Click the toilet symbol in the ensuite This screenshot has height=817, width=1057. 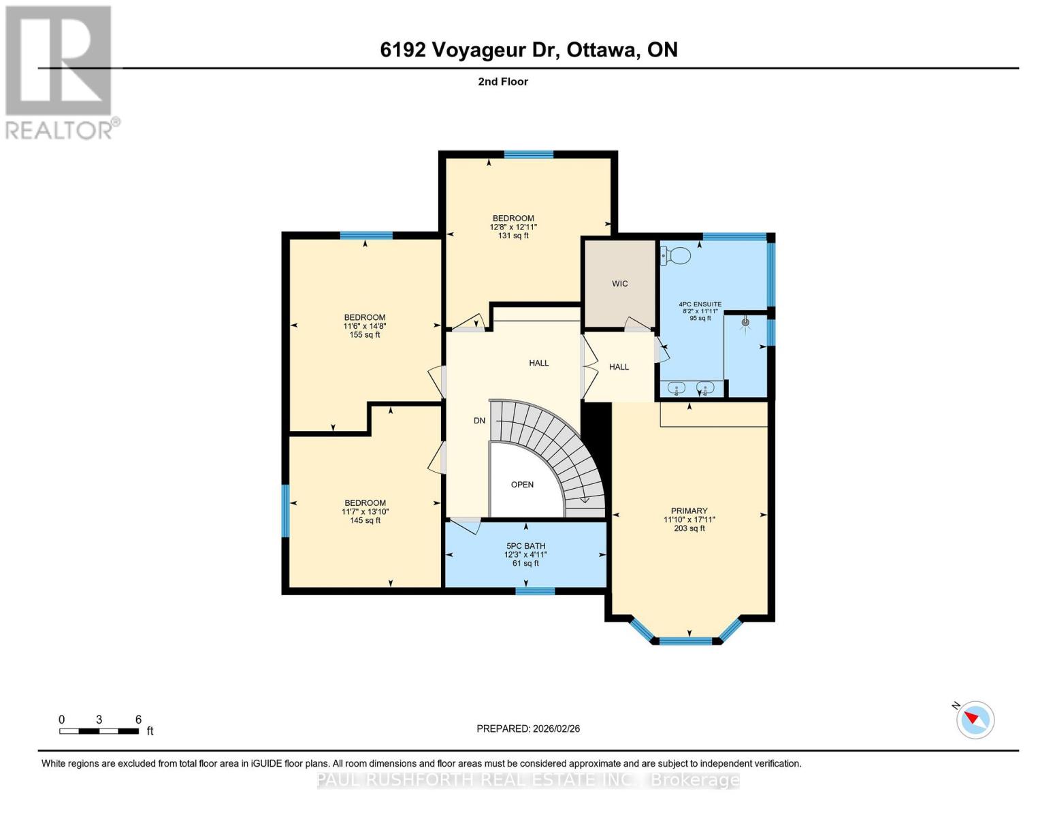pos(676,255)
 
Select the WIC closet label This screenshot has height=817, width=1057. pos(619,283)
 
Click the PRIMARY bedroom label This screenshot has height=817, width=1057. pos(689,511)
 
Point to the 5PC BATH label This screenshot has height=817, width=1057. pos(525,546)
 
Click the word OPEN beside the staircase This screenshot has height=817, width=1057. pos(522,485)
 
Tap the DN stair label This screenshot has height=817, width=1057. pos(479,421)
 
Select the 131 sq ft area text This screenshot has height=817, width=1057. pos(513,236)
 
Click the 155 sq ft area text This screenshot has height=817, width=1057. pos(364,335)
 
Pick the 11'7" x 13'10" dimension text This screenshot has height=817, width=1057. pos(365,512)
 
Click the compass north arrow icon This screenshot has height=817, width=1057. pos(975,719)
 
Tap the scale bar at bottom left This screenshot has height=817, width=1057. pos(99,731)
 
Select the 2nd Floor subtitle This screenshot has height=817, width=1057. pos(503,82)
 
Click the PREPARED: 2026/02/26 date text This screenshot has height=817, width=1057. pos(528,728)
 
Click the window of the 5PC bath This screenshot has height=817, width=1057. pos(534,591)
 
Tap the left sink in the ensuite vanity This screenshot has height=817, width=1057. pos(677,389)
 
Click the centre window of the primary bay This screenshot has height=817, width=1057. pos(685,641)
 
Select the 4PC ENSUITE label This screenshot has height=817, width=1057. pos(700,304)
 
